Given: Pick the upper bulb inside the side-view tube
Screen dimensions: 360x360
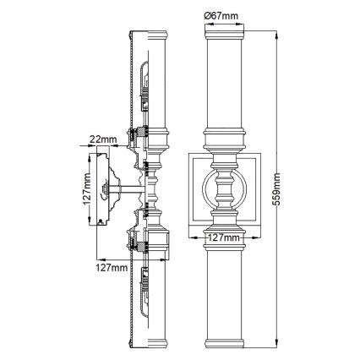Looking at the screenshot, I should [x=145, y=80].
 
